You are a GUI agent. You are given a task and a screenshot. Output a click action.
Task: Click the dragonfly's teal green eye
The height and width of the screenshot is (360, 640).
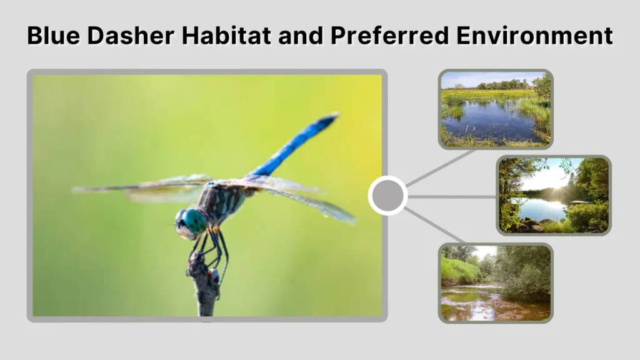pyautogui.click(x=194, y=221)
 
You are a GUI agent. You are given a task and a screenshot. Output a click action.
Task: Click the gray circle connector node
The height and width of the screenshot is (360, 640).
pyautogui.click(x=387, y=196)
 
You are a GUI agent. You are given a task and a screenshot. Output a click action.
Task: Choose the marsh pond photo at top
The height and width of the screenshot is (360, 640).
pyautogui.click(x=496, y=109)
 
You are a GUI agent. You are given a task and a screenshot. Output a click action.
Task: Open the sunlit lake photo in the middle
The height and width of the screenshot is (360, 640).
pyautogui.click(x=554, y=195)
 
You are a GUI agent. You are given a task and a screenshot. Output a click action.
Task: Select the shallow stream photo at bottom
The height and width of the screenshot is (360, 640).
pyautogui.click(x=496, y=282)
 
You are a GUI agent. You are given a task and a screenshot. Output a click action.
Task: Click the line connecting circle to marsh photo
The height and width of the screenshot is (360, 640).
pyautogui.click(x=441, y=167)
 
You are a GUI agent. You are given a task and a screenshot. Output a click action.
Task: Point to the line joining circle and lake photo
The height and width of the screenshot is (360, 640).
pyautogui.click(x=451, y=196)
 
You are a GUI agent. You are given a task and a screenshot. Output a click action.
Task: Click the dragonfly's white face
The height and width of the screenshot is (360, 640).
pyautogui.click(x=182, y=231)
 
